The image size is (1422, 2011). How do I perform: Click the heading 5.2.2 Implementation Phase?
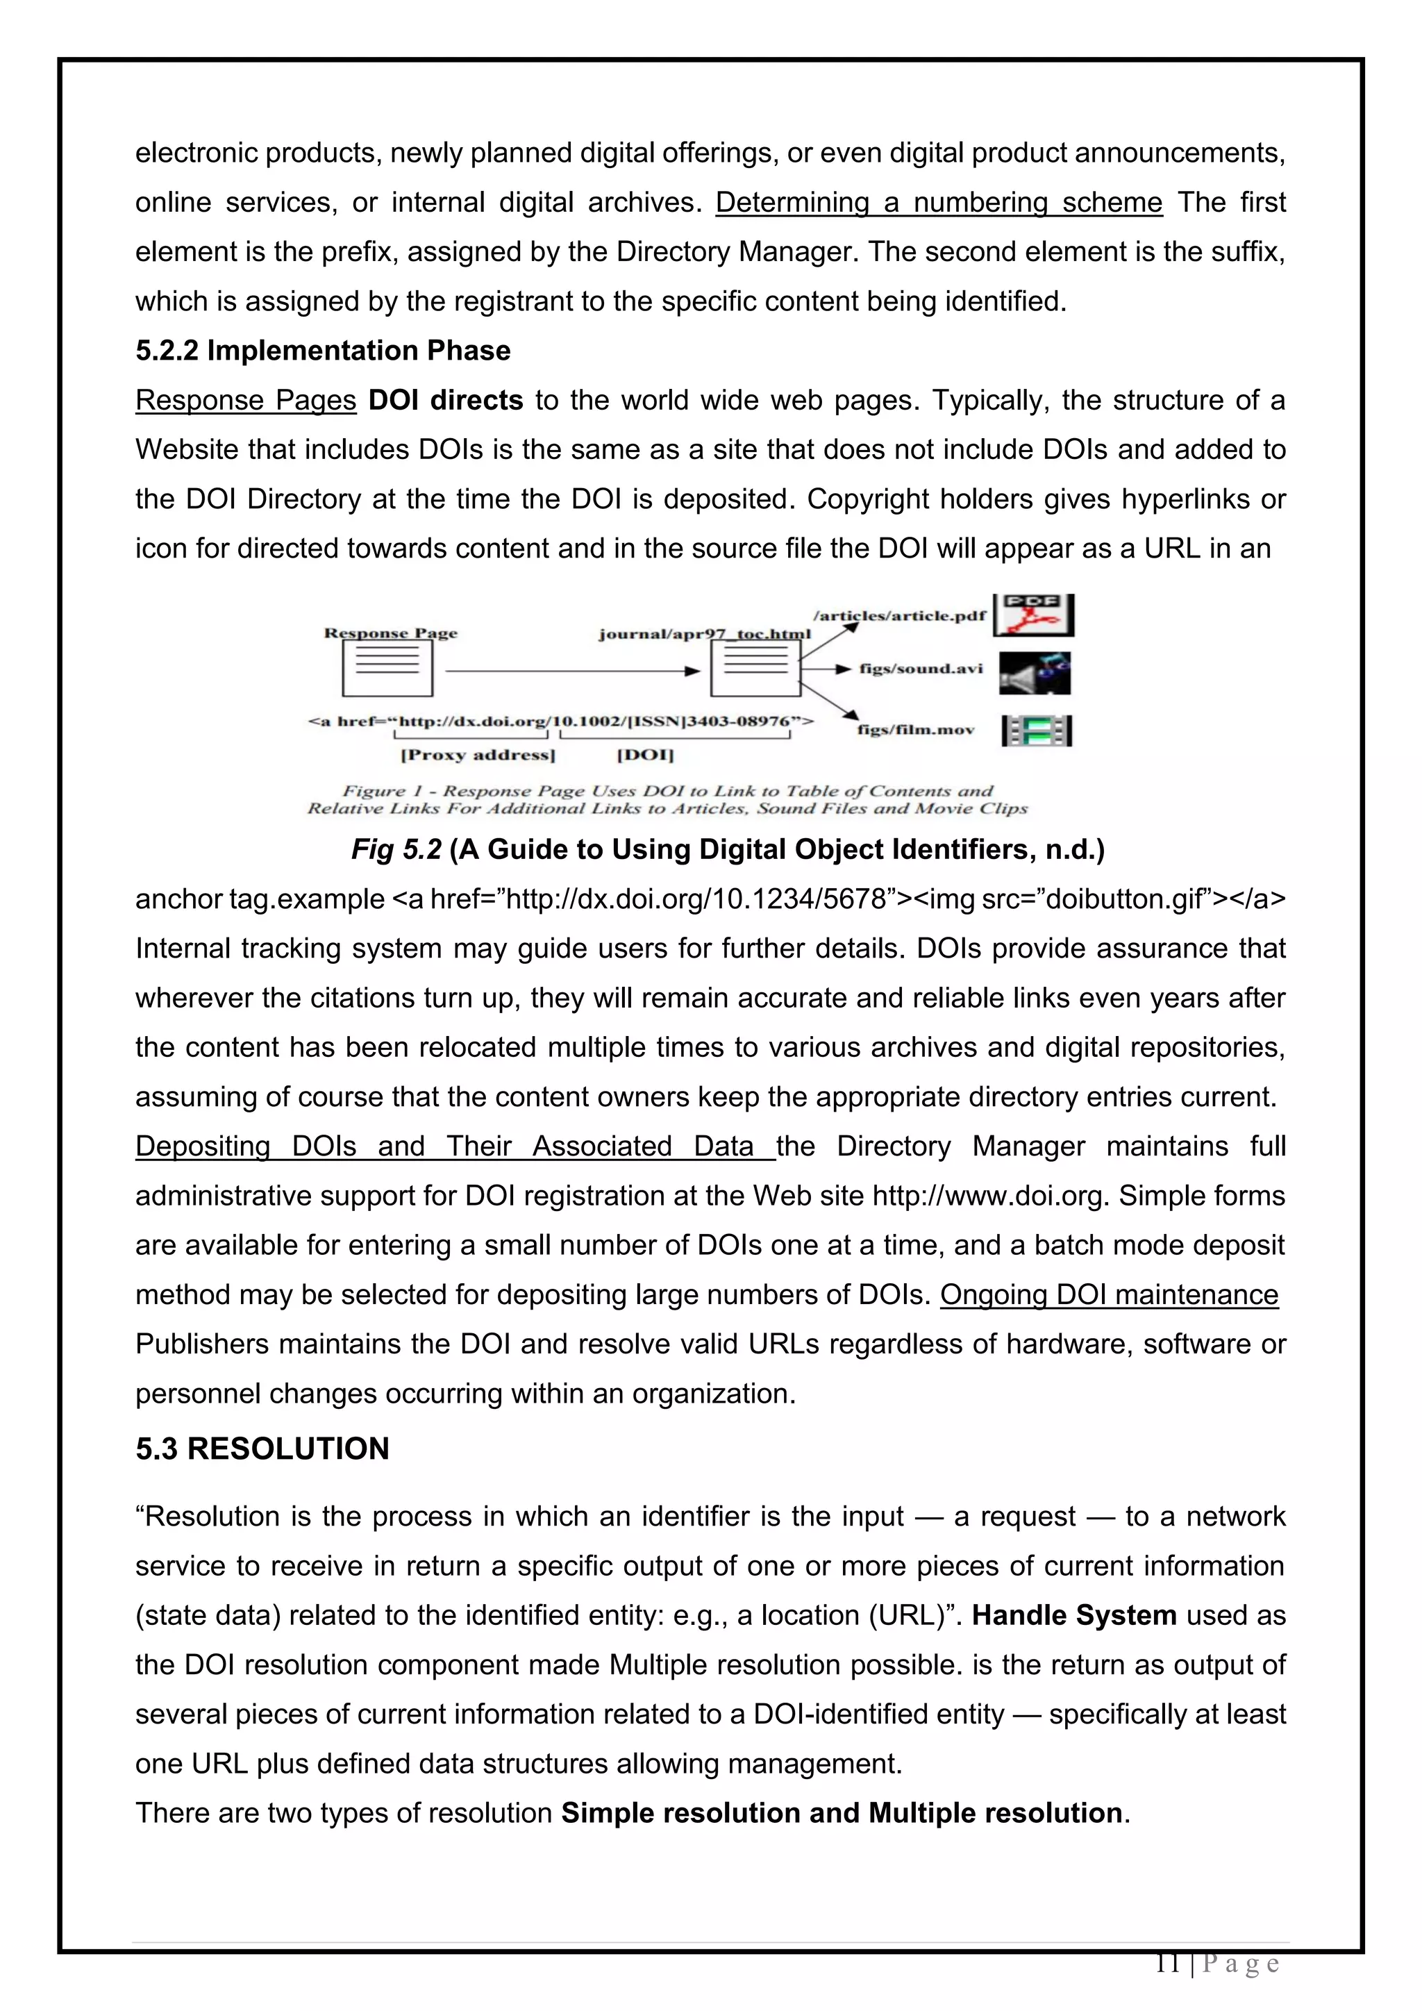(322, 351)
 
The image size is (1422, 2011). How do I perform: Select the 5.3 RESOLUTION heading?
(262, 1448)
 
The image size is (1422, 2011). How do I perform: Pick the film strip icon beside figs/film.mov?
(1036, 730)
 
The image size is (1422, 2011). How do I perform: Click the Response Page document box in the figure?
(387, 668)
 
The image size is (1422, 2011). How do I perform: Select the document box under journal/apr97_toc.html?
(755, 668)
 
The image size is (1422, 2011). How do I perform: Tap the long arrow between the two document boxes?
(574, 671)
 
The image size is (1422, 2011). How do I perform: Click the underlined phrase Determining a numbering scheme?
(938, 202)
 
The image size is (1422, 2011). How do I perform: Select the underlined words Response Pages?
(245, 400)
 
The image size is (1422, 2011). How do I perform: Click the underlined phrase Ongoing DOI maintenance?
(1109, 1294)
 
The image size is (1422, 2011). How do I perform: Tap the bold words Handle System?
(1073, 1615)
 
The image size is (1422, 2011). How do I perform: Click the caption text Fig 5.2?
(396, 849)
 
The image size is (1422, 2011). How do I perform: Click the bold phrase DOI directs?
(445, 400)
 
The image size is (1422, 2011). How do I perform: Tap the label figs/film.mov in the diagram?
(915, 730)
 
